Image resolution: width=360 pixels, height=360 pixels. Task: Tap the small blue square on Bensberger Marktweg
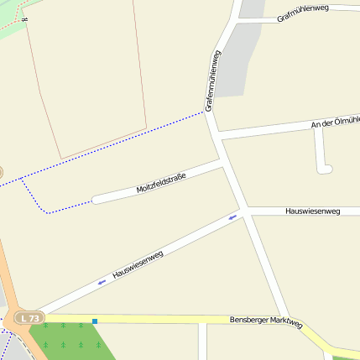(x=95, y=321)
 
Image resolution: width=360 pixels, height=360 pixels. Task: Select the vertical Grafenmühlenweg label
(x=212, y=81)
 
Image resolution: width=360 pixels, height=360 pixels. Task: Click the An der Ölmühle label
(x=335, y=123)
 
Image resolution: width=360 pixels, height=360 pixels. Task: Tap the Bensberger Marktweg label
(x=266, y=322)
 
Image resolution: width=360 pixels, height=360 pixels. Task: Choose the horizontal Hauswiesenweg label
(x=312, y=211)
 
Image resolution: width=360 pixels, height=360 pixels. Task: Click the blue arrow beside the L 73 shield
(x=102, y=282)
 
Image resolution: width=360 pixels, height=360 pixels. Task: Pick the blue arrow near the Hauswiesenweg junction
(x=233, y=217)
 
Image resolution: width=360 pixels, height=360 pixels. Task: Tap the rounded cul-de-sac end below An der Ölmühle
(x=326, y=169)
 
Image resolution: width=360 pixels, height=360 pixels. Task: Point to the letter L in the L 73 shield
(x=23, y=318)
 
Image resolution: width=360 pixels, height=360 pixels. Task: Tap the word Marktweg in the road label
(x=285, y=323)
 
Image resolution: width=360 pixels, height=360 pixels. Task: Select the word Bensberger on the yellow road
(x=249, y=321)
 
